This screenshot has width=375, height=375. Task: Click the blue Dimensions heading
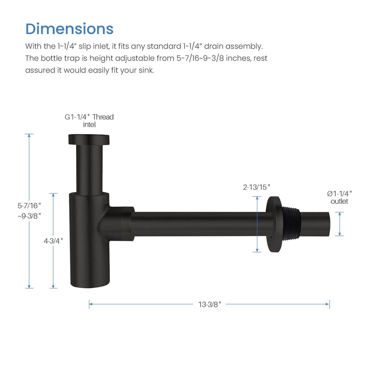pos(69,29)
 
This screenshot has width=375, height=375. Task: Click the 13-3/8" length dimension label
pos(209,304)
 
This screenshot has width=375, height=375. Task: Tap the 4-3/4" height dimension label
pos(53,241)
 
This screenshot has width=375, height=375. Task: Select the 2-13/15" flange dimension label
pos(256,187)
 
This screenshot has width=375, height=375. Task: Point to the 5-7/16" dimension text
pos(29,206)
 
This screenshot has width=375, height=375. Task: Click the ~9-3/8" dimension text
pos(29,216)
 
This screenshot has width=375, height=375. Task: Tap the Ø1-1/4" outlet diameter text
pos(339,194)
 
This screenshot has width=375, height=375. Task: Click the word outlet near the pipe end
pos(339,201)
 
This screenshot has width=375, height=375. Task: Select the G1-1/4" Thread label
pos(89,117)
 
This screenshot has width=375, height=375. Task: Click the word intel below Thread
pos(89,125)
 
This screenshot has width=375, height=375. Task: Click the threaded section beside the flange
pos(291,224)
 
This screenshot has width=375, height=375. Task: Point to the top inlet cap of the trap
pos(89,139)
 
